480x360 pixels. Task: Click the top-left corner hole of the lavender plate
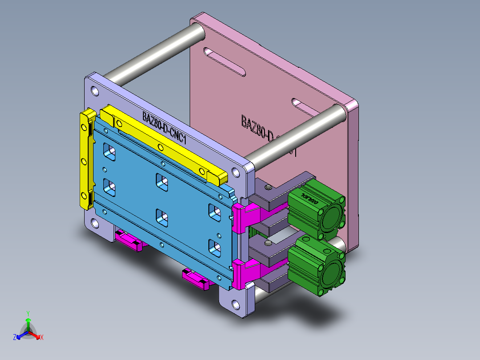[95, 91]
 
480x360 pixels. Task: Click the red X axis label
[42, 338]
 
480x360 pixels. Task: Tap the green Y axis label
[28, 313]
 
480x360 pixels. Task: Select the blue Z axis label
[15, 338]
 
